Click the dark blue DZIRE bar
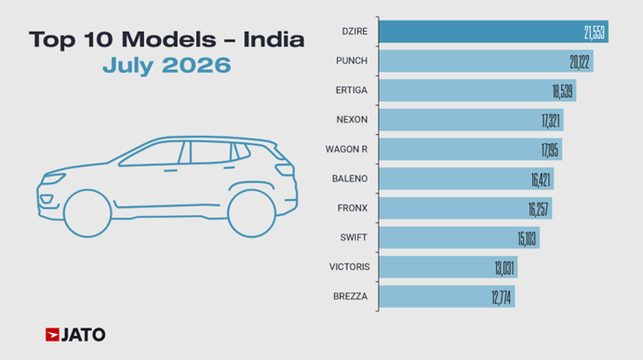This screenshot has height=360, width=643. tap(493, 32)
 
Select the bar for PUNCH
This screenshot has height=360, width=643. tap(486, 61)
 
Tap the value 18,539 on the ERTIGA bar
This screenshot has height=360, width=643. tap(563, 91)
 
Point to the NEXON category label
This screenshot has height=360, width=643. tap(352, 120)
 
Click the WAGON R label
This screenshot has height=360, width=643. tap(346, 149)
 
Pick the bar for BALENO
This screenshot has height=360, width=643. tap(466, 179)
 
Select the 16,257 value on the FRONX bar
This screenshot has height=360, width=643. tap(538, 209)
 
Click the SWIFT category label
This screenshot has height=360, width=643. tap(353, 238)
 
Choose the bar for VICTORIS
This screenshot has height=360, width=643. tap(449, 267)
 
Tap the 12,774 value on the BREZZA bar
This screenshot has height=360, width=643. tap(502, 298)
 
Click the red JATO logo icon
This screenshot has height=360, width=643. tap(52, 335)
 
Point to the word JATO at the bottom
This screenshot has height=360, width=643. tap(83, 335)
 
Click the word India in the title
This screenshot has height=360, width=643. tap(274, 40)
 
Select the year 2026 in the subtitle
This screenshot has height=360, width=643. tap(196, 65)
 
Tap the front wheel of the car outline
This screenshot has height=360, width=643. tap(87, 213)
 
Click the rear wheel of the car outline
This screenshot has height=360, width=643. tap(251, 213)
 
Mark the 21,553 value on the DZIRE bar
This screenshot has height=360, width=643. tap(595, 33)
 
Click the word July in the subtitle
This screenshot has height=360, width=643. tap(127, 66)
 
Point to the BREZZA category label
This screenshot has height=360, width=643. tap(350, 297)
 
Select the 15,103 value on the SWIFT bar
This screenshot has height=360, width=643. tap(527, 239)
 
